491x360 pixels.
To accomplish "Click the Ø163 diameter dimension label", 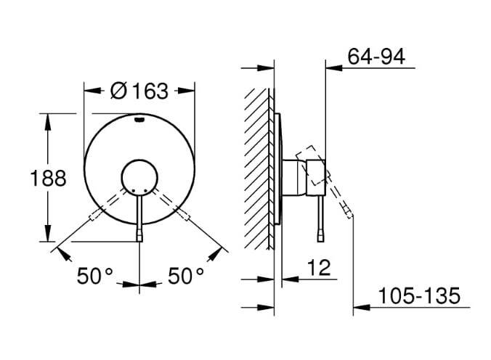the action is [x=139, y=91].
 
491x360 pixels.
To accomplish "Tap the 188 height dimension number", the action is [x=48, y=178].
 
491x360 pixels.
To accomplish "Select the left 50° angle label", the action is [x=94, y=276].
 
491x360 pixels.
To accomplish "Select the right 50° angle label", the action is [x=186, y=276].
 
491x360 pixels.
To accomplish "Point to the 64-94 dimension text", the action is [x=376, y=57].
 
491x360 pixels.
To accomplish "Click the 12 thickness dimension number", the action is [x=319, y=268].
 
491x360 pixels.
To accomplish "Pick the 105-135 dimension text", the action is [x=419, y=295].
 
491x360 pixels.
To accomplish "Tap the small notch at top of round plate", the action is [x=139, y=119].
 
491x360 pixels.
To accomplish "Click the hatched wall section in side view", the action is [x=256, y=168].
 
